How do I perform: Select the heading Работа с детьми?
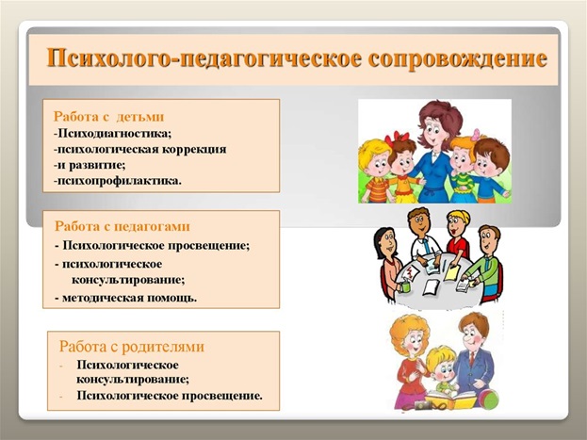(x=109, y=116)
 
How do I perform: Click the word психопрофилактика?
(x=117, y=179)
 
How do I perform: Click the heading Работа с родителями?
(x=131, y=346)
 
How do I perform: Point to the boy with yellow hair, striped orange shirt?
(x=372, y=170)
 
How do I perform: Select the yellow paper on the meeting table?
(x=450, y=271)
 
